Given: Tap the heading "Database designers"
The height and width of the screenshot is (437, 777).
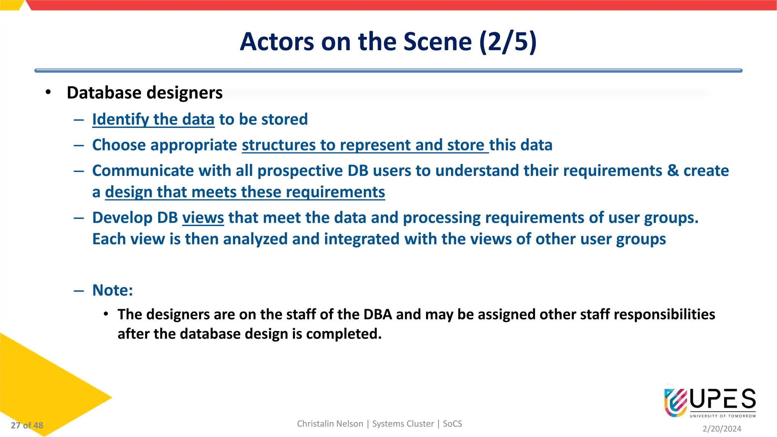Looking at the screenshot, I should coord(145,93).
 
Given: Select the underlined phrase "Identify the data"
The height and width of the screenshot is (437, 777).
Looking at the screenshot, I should coord(153,119).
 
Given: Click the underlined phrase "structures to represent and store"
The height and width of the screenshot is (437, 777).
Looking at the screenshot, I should coord(365,145).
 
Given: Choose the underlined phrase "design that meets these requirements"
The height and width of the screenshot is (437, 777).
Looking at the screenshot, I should coord(245,192).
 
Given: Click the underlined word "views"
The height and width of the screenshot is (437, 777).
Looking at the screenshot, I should coord(203,218).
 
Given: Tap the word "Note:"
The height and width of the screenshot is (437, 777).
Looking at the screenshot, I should coord(113,290).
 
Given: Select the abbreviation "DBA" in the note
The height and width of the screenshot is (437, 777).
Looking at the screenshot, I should coord(377,314).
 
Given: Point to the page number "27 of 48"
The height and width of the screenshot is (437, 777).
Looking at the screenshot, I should coord(27,425).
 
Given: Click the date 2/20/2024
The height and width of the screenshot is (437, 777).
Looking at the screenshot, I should coord(722,429).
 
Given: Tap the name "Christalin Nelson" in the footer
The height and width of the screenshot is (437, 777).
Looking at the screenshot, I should coord(330,424).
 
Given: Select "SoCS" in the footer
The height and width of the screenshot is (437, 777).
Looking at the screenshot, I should coord(452,424).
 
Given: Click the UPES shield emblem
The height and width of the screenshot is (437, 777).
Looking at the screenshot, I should coord(676,402).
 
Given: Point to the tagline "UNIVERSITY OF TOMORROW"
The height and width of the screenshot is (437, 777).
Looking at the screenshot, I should coord(723,416).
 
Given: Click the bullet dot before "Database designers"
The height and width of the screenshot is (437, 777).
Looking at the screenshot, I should coord(48,93).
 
